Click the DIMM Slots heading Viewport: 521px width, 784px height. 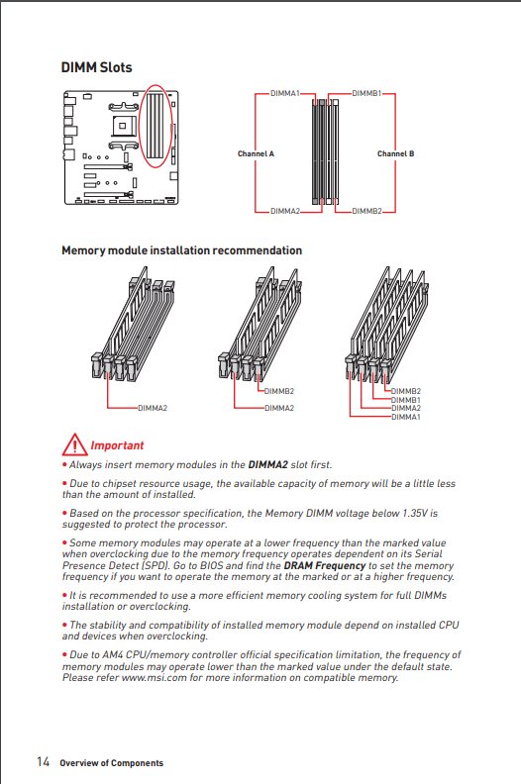click(97, 67)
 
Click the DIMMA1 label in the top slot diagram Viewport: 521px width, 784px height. click(285, 93)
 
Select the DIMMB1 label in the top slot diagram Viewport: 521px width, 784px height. click(366, 93)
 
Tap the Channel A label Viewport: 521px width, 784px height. click(256, 153)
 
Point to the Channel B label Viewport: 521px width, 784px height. click(396, 153)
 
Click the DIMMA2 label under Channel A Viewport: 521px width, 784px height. click(285, 211)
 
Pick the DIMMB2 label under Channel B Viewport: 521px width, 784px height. click(366, 211)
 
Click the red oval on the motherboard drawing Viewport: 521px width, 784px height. click(139, 127)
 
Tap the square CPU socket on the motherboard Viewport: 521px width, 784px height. click(122, 126)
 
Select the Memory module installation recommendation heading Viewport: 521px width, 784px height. click(181, 250)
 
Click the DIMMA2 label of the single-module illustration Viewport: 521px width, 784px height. click(153, 408)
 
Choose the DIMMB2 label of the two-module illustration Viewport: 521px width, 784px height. click(279, 391)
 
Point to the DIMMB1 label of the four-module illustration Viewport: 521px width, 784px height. click(406, 400)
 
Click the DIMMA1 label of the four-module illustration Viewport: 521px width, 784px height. click(406, 417)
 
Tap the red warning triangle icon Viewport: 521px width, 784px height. click(74, 445)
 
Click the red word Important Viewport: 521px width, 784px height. click(117, 445)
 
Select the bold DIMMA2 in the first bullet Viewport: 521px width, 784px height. click(267, 464)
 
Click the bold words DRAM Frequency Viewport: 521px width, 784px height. click(325, 565)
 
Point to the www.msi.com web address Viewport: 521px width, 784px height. click(155, 677)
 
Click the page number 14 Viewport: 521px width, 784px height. click(43, 761)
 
